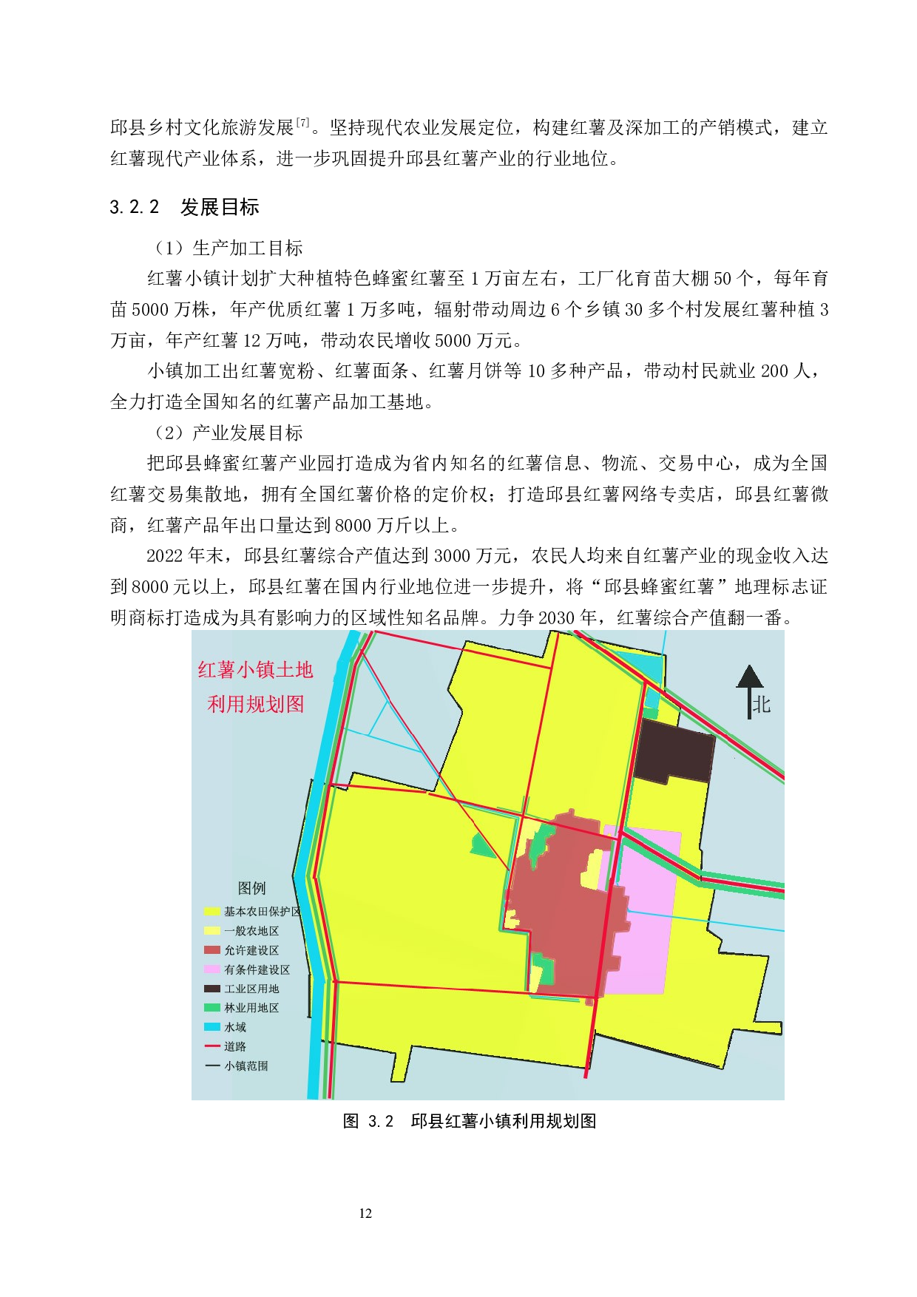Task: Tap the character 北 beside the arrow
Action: [x=762, y=705]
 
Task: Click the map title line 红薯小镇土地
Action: [x=255, y=670]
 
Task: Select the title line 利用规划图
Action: [x=255, y=704]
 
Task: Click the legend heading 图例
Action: [x=251, y=887]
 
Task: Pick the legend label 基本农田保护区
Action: [x=263, y=912]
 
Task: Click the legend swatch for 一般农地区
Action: [x=212, y=931]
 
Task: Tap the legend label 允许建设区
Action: [x=251, y=950]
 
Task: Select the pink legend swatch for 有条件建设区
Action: [x=212, y=969]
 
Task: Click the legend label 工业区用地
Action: [x=251, y=989]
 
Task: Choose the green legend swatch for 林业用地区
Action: [x=212, y=1008]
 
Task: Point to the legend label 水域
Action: [x=235, y=1027]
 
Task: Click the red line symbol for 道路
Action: [x=212, y=1046]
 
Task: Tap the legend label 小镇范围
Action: [x=246, y=1066]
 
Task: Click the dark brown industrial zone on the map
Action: [x=673, y=751]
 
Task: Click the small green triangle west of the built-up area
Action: [x=483, y=846]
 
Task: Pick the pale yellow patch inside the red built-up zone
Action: [x=592, y=870]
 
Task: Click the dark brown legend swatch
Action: [x=212, y=989]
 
